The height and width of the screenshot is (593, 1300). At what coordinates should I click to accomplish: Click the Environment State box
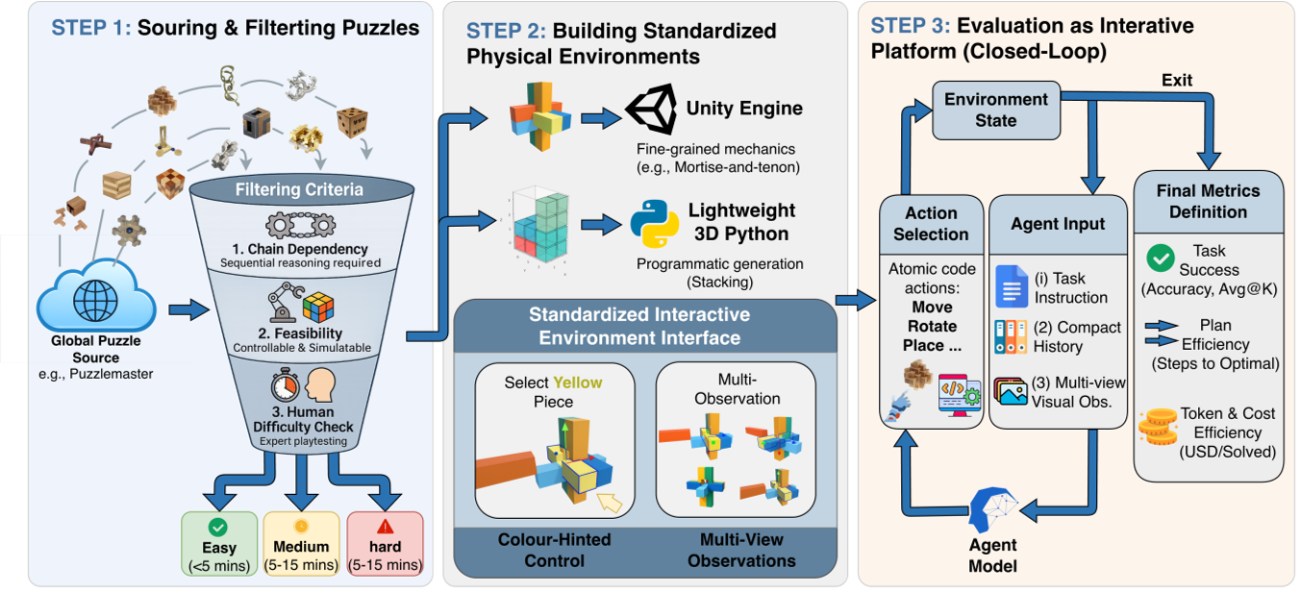[995, 110]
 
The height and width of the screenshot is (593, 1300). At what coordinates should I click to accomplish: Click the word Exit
[1177, 81]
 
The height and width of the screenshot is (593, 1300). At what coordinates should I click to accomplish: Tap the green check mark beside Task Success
[1161, 258]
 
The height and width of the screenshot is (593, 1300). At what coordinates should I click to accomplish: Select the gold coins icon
[1158, 424]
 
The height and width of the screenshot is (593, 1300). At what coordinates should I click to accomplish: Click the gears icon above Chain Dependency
[299, 226]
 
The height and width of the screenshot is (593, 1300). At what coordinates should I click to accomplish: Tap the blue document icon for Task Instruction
[1012, 285]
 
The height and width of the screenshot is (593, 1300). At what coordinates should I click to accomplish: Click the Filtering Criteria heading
[299, 189]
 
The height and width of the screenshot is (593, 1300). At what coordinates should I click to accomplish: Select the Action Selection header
[931, 223]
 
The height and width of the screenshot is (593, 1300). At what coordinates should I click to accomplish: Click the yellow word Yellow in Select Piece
[574, 382]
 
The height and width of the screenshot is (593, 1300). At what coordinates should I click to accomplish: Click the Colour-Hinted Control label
[554, 550]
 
